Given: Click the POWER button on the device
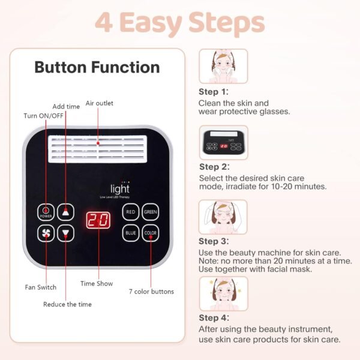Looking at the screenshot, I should pyautogui.click(x=46, y=212).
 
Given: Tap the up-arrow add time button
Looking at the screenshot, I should pyautogui.click(x=67, y=212).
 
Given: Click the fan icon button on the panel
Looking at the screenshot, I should pyautogui.click(x=46, y=233).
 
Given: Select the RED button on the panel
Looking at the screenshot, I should pyautogui.click(x=131, y=212).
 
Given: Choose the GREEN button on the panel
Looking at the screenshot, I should pyautogui.click(x=150, y=212).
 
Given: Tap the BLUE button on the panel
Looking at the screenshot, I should pyautogui.click(x=131, y=233).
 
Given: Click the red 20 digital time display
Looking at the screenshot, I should pyautogui.click(x=98, y=220).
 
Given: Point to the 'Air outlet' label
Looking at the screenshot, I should pyautogui.click(x=100, y=103).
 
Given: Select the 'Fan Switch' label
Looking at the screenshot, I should pyautogui.click(x=41, y=287).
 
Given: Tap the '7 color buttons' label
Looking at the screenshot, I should pyautogui.click(x=151, y=292).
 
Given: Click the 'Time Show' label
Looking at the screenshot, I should pyautogui.click(x=97, y=283).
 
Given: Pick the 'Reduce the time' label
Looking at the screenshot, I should pyautogui.click(x=67, y=304).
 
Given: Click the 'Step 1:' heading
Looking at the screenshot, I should pyautogui.click(x=214, y=92).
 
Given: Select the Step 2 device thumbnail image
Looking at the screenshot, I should pyautogui.click(x=223, y=142).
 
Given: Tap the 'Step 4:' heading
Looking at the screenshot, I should pyautogui.click(x=214, y=318).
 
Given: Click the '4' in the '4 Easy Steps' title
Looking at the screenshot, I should pyautogui.click(x=106, y=22).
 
